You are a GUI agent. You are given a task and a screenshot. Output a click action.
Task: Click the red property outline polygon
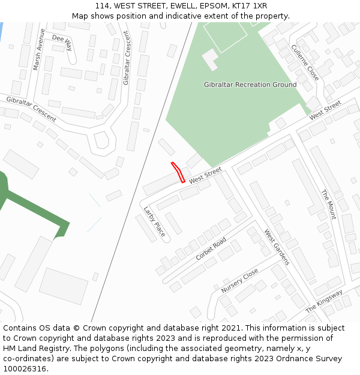pos(178,172)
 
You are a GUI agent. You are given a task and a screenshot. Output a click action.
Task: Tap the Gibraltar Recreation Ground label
pos(250,85)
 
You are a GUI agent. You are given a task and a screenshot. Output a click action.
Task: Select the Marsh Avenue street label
pos(39,50)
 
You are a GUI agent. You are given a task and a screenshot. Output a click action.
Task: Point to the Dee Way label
pos(62,41)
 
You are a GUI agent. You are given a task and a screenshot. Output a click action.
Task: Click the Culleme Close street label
pos(305,62)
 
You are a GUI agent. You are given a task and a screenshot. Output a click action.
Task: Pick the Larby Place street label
pos(154,221)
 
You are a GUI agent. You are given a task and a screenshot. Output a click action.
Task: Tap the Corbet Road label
pos(211,249)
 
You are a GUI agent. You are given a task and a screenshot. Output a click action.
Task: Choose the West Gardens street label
pos(277,247)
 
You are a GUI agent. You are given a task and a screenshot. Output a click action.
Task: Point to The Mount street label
pos(328,205)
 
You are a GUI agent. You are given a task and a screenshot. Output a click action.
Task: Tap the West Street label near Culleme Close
pos(325,110)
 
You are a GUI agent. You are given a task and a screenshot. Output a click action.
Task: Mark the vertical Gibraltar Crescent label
pos(126,58)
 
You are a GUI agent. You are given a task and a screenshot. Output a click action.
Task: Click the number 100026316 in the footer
pos(24,368)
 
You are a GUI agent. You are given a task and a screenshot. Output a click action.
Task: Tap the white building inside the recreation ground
pos(210,59)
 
